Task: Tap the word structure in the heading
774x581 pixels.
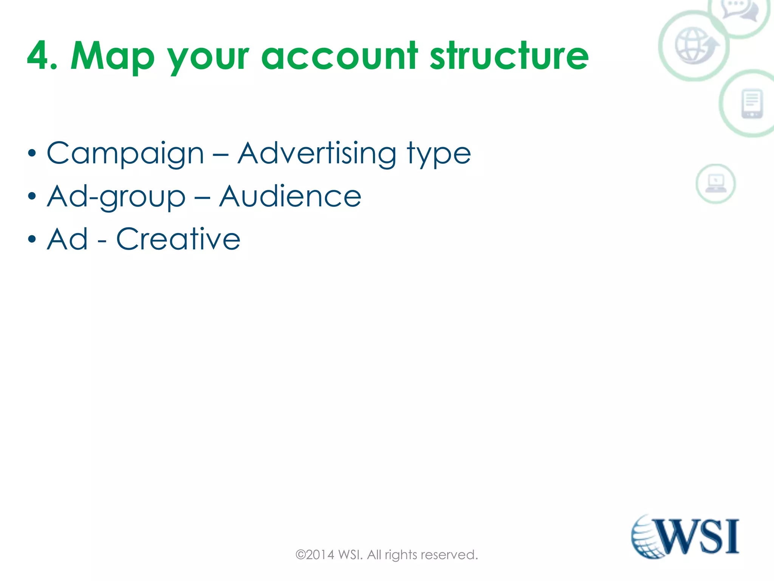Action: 509,56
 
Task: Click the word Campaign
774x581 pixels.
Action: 125,154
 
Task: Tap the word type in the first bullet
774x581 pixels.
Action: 439,155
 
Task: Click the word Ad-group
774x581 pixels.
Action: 116,197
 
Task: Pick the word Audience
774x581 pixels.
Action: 290,196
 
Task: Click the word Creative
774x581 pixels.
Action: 178,239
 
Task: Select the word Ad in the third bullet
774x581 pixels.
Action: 68,239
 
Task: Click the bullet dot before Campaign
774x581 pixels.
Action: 32,154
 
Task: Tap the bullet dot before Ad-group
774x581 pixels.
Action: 32,197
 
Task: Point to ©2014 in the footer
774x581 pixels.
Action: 315,555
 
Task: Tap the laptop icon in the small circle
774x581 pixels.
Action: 715,183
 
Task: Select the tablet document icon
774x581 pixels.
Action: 752,103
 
